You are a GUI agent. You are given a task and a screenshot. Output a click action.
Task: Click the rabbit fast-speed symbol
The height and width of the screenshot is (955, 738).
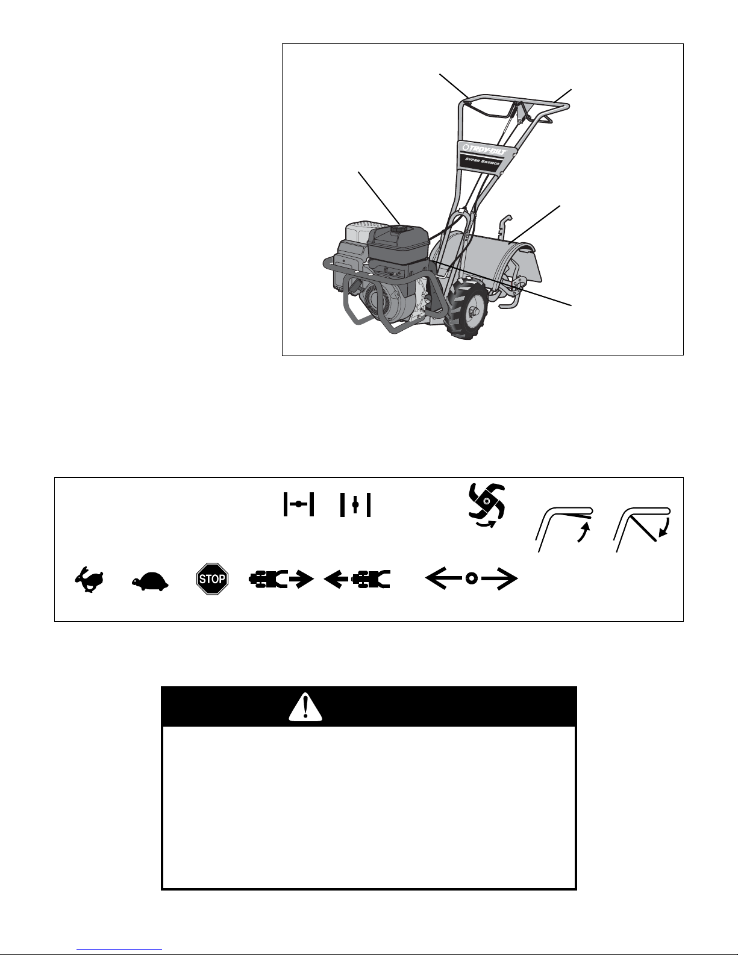click(89, 579)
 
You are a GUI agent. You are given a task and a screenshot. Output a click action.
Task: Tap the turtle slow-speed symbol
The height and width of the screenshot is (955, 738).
click(150, 581)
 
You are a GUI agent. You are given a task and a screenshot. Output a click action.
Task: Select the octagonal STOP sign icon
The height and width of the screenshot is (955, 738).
click(212, 579)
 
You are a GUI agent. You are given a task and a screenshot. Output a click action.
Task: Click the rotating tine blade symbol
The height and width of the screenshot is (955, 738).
click(486, 504)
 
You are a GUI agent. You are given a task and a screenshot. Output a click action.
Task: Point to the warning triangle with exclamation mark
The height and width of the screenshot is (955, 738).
click(305, 707)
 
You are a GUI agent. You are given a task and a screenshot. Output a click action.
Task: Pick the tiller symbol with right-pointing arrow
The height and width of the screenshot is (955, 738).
click(281, 579)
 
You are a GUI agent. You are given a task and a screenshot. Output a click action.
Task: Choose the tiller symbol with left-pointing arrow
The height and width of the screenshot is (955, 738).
click(357, 579)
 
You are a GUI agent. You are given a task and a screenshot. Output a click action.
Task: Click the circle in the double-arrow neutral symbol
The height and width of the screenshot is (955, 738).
click(471, 579)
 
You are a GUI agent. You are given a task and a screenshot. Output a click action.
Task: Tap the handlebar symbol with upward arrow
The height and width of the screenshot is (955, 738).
click(564, 528)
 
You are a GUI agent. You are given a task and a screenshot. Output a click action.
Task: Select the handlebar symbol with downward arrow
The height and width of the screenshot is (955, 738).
click(642, 528)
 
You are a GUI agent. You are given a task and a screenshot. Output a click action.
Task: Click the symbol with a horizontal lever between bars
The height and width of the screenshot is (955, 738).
click(299, 504)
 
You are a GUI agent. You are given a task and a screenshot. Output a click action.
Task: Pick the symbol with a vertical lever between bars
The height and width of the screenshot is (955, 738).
click(355, 504)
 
